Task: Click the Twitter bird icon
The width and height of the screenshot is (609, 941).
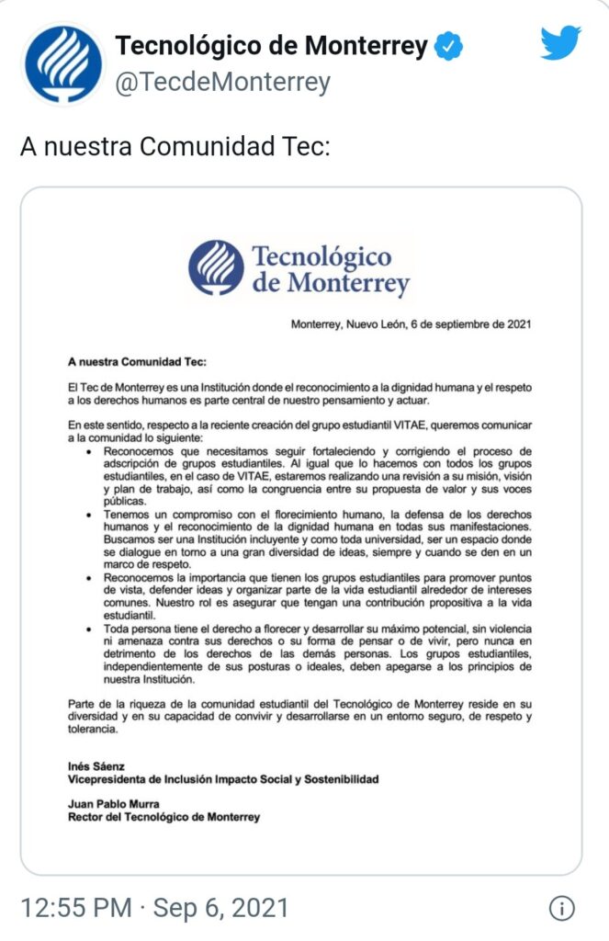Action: coord(560,42)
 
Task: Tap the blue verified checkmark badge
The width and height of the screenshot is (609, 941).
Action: coord(448,47)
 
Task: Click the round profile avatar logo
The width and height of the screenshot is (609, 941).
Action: coord(62,64)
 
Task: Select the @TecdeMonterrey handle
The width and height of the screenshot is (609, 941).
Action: coord(221,83)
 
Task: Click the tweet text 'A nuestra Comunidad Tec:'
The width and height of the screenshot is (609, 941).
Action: coord(174,147)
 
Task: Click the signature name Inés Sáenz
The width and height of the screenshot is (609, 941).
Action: coord(95,765)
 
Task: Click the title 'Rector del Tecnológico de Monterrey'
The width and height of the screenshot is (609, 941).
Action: coord(164,816)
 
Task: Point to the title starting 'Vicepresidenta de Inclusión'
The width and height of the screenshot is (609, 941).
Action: coord(209,778)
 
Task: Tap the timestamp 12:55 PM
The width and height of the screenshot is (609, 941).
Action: coord(76,909)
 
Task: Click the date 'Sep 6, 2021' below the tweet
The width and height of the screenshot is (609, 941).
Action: coord(221,909)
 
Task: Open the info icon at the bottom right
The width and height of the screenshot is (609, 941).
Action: coord(561,909)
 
